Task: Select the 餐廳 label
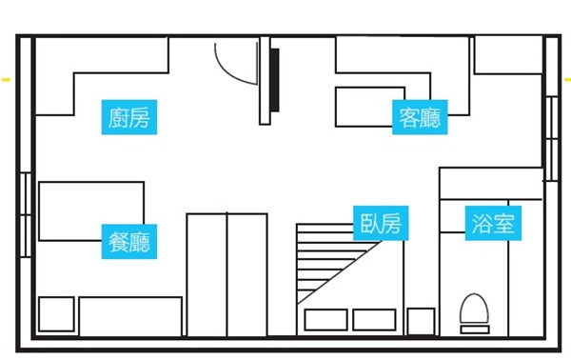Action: [x=129, y=241]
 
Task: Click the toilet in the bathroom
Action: [x=473, y=312]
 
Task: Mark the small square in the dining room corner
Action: [x=56, y=314]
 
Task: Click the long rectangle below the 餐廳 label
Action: [x=130, y=315]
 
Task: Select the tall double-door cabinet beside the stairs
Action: [x=226, y=274]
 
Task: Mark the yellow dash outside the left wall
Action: [x=6, y=80]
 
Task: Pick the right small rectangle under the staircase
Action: [x=374, y=319]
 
